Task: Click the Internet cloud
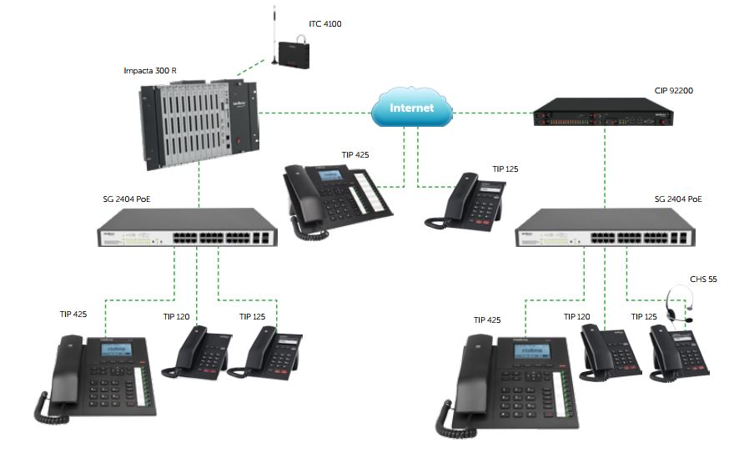pos(413,108)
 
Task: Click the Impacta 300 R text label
pos(150,71)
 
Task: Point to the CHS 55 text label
pos(702,279)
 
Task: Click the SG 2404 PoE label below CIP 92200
pos(678,199)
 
